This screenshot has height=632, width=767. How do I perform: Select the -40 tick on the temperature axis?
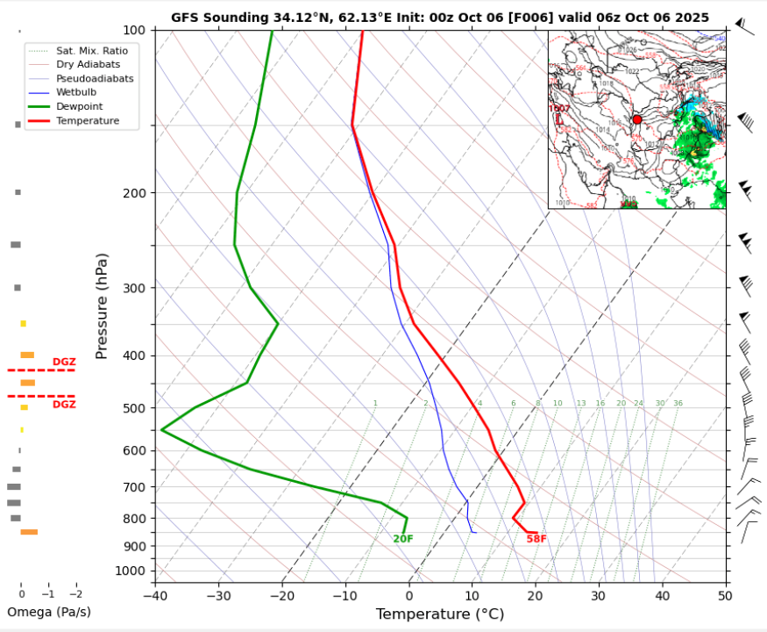[155, 596]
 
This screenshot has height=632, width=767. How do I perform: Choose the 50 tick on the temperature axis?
[724, 596]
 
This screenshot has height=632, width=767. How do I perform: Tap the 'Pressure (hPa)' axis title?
[102, 305]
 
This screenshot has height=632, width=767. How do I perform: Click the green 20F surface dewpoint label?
[402, 539]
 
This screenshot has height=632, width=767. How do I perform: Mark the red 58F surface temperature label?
[536, 539]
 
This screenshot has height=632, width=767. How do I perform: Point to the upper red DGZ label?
[64, 362]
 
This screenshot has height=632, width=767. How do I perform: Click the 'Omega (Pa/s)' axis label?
[48, 612]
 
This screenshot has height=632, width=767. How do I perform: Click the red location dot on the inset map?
[637, 119]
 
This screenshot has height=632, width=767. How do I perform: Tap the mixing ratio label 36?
[678, 404]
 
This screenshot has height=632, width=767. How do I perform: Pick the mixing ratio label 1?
[375, 404]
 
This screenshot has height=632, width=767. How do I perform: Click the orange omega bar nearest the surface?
[29, 532]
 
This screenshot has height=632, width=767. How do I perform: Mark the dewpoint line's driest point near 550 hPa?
[162, 429]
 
